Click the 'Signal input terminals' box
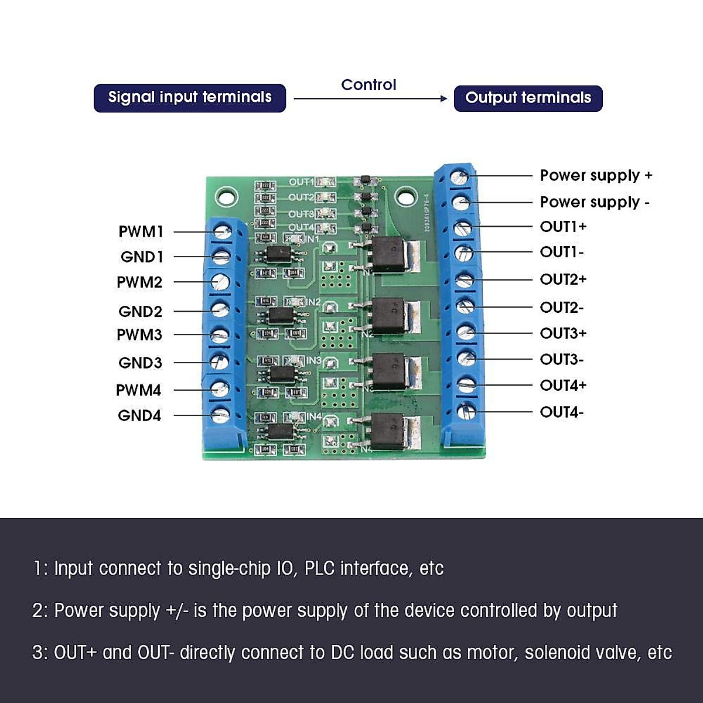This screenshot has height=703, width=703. (x=189, y=97)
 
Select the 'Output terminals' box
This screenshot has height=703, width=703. (x=528, y=98)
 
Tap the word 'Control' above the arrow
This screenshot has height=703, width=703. (x=368, y=85)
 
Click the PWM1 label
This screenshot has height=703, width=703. (x=141, y=231)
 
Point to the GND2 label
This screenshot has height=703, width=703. (x=140, y=311)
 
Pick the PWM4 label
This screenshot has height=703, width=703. (x=139, y=390)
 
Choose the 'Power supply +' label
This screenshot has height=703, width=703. (x=596, y=175)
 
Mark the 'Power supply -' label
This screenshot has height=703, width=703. (x=595, y=202)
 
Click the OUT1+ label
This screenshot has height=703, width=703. (x=563, y=226)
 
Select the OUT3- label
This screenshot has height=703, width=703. (x=561, y=359)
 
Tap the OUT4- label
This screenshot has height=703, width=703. (x=561, y=412)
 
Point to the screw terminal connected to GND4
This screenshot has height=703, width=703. (x=220, y=415)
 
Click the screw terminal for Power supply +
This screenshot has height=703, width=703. (x=461, y=176)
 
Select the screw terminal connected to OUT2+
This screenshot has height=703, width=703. (x=465, y=279)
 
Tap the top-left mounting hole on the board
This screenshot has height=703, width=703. (x=226, y=195)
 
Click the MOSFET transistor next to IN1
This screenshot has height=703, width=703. (x=389, y=255)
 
